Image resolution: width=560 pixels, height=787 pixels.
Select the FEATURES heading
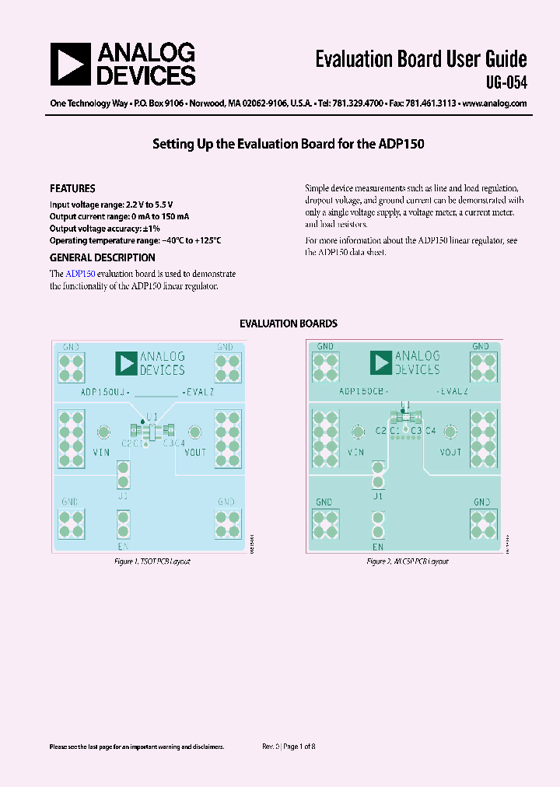72,188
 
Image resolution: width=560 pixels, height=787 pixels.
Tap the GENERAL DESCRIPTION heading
102,257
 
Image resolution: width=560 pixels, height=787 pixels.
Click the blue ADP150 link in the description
80,274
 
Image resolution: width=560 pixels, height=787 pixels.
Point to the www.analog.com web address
495,103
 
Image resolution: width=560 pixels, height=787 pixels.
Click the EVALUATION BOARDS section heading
288,324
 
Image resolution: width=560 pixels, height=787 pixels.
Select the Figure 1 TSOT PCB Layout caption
152,561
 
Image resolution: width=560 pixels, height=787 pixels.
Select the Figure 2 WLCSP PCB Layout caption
408,561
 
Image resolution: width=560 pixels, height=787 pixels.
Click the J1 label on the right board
378,495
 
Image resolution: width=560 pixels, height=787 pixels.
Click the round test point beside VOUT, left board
195,432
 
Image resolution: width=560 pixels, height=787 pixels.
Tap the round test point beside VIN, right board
359,432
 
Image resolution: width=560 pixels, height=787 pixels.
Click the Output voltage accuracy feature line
104,229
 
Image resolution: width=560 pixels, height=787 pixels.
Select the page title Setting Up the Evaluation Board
288,144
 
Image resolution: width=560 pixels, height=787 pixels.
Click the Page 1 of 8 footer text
299,746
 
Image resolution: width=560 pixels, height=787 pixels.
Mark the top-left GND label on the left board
71,347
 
